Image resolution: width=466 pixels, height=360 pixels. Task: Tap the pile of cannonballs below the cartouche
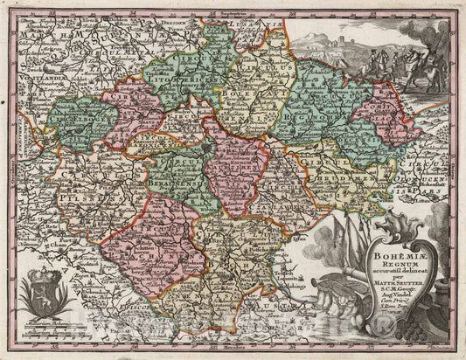(411, 336)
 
